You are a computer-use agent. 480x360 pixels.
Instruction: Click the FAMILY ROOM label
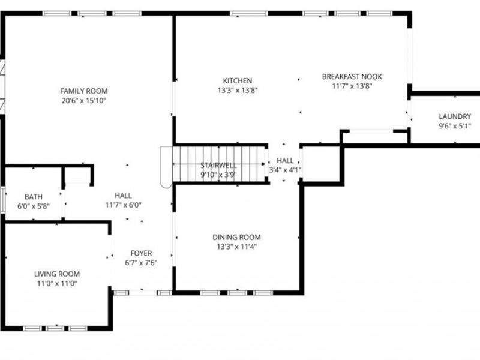tap(83, 91)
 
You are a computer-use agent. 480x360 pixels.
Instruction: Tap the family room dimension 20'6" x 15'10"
tap(83, 100)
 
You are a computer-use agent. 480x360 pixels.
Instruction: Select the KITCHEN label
tap(238, 81)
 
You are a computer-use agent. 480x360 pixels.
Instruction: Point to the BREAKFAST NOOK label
tap(352, 77)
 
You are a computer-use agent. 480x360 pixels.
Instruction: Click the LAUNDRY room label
tap(455, 116)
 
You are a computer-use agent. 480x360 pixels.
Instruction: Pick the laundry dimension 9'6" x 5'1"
tap(455, 126)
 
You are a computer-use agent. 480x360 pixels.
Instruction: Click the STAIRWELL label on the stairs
tap(218, 166)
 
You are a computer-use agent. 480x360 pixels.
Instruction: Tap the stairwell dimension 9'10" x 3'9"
tap(218, 175)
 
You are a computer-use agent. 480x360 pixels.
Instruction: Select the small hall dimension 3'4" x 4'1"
tap(285, 170)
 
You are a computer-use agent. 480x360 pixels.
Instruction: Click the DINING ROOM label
tap(236, 237)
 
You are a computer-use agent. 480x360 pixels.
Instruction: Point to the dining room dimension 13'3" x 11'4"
tap(236, 247)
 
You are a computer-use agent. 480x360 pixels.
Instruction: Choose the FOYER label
tap(141, 253)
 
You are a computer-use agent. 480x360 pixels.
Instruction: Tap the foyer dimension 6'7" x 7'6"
tap(141, 263)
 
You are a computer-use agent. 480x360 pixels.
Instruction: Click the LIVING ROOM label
tap(56, 274)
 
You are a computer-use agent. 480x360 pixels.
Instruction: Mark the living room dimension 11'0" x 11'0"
tap(56, 284)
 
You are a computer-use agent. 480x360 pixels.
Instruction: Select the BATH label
tap(33, 197)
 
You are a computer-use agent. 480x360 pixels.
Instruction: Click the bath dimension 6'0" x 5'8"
tap(33, 206)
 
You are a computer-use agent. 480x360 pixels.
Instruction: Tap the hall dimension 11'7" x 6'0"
tap(123, 205)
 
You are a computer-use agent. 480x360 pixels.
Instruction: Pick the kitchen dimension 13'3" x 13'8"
tap(238, 91)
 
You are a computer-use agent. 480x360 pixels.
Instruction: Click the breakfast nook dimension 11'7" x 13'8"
tap(352, 86)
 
